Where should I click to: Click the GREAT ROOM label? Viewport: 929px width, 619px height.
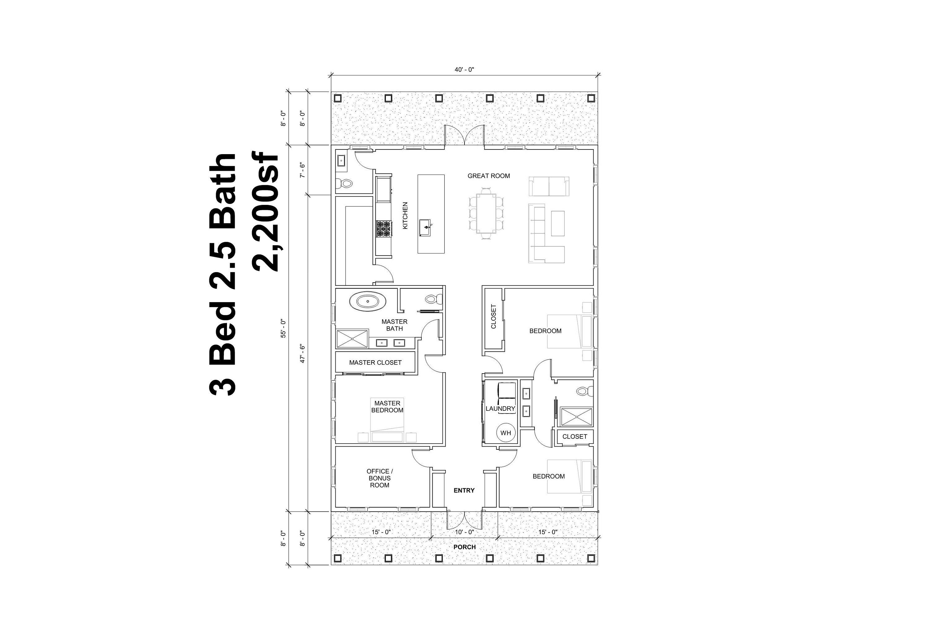coord(489,176)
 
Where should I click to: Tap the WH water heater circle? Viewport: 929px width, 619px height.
coord(506,433)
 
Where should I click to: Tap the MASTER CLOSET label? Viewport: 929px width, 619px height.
coord(375,362)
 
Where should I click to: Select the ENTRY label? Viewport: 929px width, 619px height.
coord(464,490)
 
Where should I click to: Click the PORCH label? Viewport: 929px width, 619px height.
coord(464,547)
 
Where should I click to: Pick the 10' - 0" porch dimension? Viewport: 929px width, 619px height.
coord(464,532)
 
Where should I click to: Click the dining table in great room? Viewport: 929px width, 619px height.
coord(486,213)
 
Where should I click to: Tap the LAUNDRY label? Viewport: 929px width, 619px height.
coord(500,409)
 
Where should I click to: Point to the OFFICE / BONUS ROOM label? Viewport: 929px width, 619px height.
coord(380,478)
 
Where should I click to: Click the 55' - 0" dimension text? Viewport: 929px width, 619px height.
coord(283,328)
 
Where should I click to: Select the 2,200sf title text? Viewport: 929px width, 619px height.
coord(265,213)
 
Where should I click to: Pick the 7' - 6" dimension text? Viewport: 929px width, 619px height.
coord(303,170)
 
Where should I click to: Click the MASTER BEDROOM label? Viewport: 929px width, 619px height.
coord(387,407)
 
